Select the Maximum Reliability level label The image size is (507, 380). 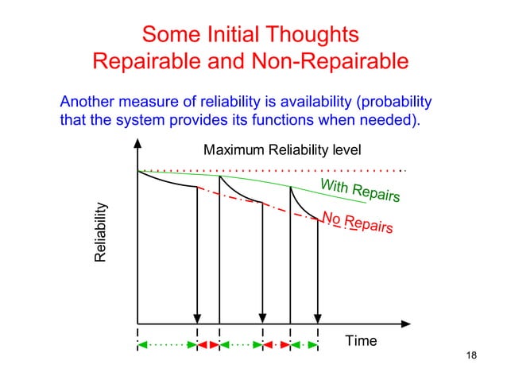[282, 149]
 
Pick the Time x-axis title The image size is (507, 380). [361, 341]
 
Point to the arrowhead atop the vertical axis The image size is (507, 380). [138, 145]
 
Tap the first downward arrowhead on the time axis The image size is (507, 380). [197, 318]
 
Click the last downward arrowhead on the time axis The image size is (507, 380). [318, 318]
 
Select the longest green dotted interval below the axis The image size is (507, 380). [168, 345]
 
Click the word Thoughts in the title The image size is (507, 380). [313, 35]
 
